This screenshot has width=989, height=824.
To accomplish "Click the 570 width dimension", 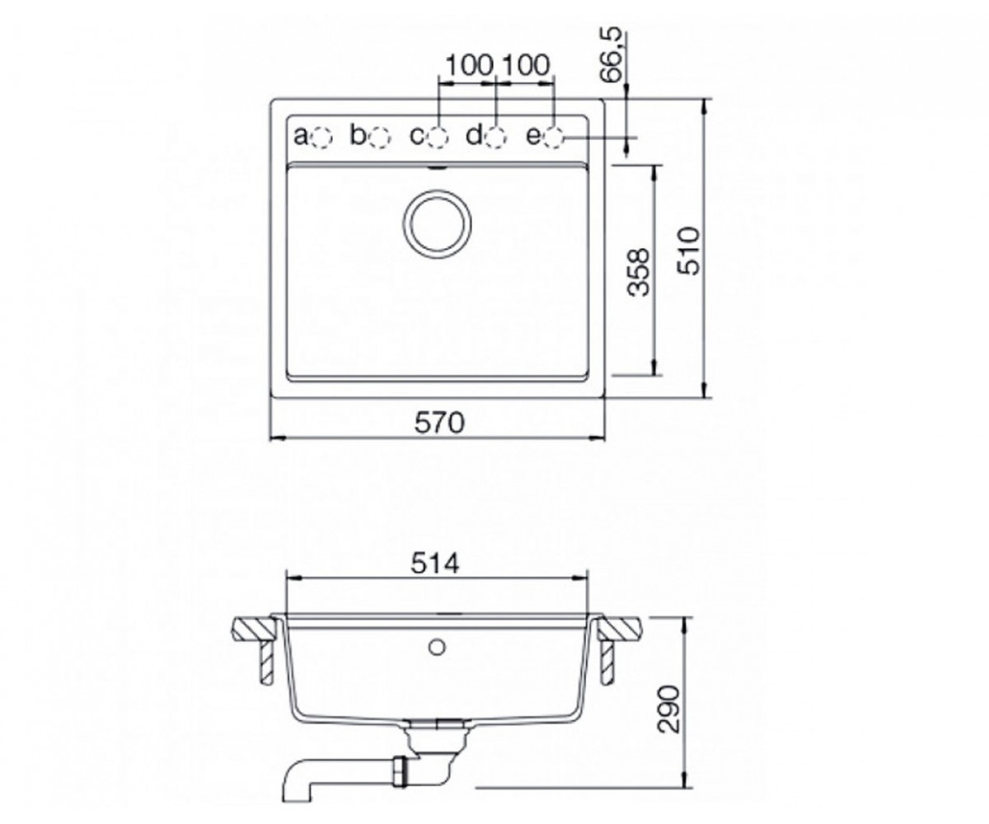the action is tap(439, 423).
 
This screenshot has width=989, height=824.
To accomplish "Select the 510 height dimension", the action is tap(688, 251).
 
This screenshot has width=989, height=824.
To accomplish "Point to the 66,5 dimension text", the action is tap(612, 58).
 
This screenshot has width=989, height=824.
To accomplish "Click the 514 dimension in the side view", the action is tap(435, 564).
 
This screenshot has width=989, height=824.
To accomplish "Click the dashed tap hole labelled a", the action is tap(321, 138).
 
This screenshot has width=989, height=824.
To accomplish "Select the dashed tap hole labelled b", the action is tap(379, 138).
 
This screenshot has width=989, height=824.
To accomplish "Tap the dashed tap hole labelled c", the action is tap(438, 138).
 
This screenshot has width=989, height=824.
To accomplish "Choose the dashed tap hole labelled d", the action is tap(495, 138).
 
